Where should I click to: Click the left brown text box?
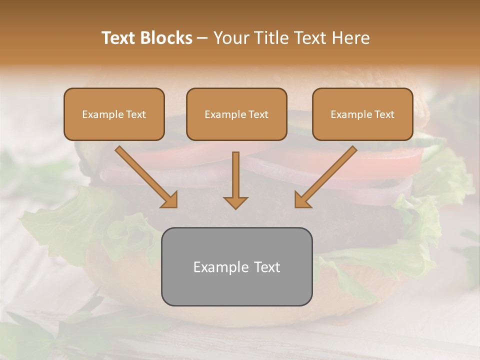114,114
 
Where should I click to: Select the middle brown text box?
236,114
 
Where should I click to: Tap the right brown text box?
362,114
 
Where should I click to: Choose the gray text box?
236,266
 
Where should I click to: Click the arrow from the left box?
145,176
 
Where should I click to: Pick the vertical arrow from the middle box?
235,177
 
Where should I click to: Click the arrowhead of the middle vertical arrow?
235,202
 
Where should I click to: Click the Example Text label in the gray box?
236,267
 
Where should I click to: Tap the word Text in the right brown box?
384,114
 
